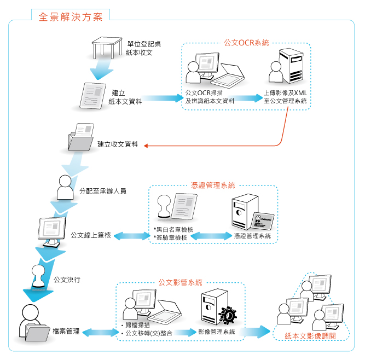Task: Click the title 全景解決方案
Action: (71, 16)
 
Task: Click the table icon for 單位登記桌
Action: (107, 48)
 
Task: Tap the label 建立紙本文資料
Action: (125, 96)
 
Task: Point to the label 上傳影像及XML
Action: (285, 92)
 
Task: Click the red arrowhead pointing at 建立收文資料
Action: (146, 146)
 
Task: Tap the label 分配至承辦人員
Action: (103, 191)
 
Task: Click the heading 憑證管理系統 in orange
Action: (213, 186)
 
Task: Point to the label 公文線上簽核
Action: (91, 235)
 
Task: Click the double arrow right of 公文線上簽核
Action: (131, 236)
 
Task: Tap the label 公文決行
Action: (67, 280)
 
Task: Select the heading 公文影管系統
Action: (180, 282)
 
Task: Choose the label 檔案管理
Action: (66, 332)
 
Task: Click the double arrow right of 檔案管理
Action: (100, 332)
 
